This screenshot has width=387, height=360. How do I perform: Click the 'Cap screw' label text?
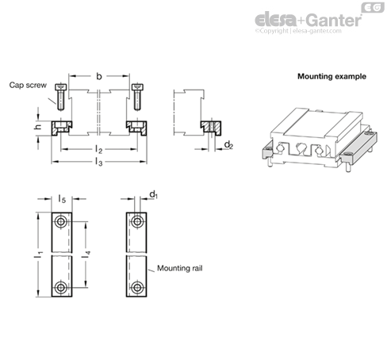(28, 85)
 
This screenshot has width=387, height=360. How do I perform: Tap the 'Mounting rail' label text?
(180, 268)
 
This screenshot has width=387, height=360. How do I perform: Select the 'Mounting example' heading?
(331, 76)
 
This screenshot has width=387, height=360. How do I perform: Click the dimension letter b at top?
(99, 76)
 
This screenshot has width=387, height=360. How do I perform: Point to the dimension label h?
(38, 127)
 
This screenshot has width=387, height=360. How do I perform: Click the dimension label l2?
(98, 150)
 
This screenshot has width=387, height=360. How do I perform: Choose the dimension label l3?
(98, 162)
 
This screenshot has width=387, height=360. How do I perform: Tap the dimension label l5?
(62, 199)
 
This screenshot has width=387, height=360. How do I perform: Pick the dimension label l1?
(38, 255)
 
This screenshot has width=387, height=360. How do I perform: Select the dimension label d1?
(153, 194)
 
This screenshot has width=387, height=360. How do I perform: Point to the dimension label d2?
(228, 145)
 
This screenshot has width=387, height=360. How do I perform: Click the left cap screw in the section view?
(60, 97)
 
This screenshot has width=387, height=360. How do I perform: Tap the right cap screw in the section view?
(137, 97)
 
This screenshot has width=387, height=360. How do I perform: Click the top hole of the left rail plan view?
(61, 221)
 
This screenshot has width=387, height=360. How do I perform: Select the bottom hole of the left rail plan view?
(61, 287)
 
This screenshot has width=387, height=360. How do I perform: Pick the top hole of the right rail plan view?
(137, 221)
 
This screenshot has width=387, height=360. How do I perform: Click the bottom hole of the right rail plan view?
(137, 287)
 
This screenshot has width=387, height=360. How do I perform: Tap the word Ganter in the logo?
(335, 20)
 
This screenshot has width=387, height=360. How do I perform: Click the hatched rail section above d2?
(211, 128)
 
